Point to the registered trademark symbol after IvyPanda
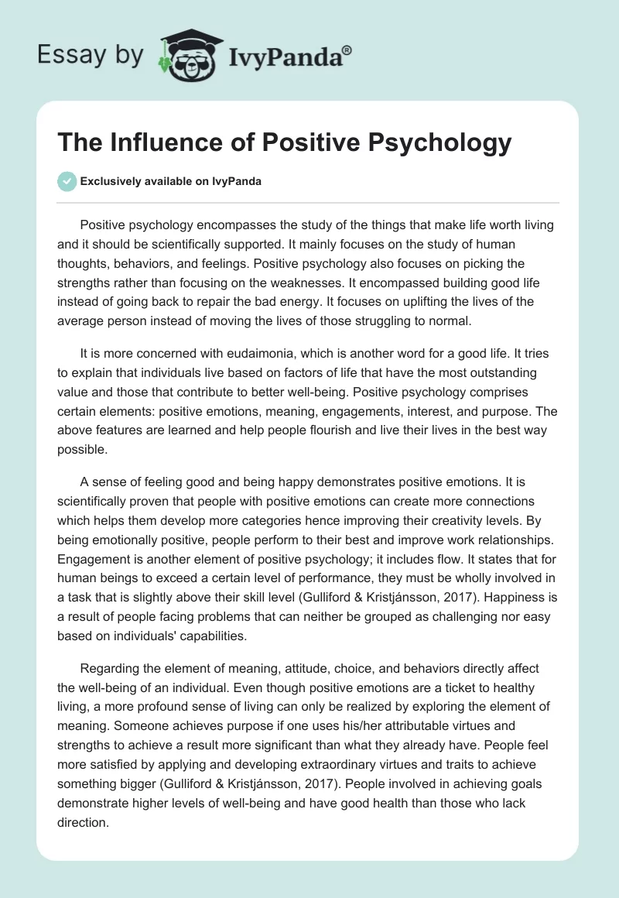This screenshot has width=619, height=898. click(347, 50)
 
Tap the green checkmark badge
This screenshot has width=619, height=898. click(67, 181)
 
